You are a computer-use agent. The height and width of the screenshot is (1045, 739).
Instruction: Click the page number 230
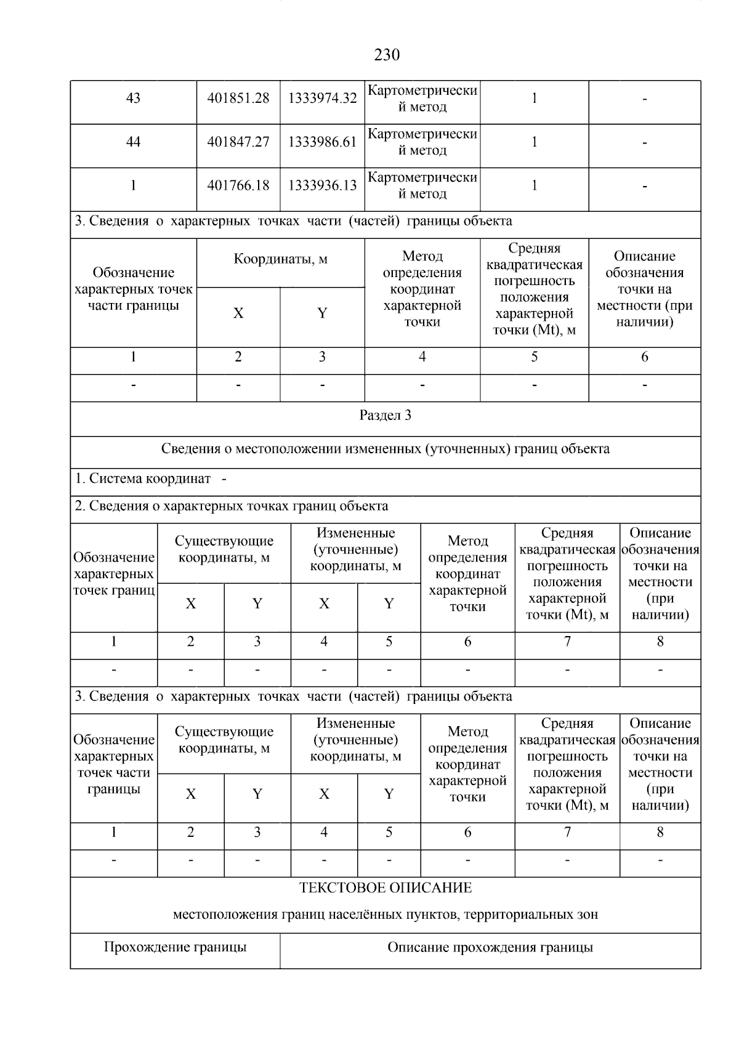[387, 55]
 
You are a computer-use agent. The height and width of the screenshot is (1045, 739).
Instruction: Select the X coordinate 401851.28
[238, 99]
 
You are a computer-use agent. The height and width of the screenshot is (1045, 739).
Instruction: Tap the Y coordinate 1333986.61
[322, 142]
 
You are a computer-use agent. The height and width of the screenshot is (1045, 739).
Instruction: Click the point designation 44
[133, 142]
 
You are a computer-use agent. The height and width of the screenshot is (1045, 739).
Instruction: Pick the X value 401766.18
[238, 185]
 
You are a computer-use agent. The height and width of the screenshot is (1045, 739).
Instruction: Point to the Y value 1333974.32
[322, 99]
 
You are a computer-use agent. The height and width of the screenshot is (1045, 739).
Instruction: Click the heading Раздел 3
[386, 416]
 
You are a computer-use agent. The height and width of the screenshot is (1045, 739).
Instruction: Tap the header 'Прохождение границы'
[175, 947]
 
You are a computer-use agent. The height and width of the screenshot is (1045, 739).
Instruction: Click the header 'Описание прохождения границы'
[490, 947]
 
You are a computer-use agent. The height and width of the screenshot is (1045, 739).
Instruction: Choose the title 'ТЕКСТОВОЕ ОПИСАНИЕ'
[386, 888]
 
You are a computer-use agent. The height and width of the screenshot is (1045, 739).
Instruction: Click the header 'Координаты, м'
[280, 259]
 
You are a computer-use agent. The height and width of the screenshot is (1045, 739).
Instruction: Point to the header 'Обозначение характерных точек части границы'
[133, 289]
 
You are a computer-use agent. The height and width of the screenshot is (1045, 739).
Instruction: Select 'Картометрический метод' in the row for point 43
[422, 99]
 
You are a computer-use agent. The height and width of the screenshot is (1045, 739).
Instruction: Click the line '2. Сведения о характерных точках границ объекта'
[232, 506]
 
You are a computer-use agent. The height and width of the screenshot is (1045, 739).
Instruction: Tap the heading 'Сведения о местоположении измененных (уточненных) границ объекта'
[386, 449]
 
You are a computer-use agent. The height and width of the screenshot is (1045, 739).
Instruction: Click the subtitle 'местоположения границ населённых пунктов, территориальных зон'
[386, 914]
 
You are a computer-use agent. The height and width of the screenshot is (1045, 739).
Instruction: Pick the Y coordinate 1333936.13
[322, 185]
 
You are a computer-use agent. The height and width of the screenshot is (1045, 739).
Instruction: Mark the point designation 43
[133, 99]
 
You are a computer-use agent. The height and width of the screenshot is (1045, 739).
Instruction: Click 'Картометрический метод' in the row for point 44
[422, 142]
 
